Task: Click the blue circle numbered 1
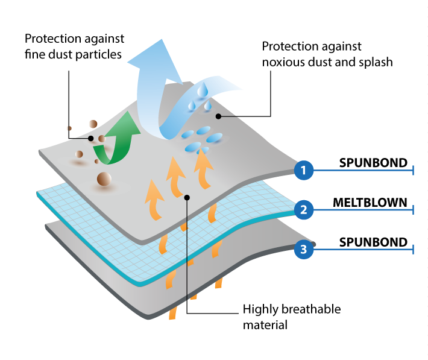(x=304, y=170)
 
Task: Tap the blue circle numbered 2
(x=304, y=210)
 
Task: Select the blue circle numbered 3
(x=304, y=250)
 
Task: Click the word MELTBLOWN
(x=370, y=203)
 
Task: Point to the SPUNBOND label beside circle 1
(x=373, y=163)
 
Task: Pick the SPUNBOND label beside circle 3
(x=373, y=242)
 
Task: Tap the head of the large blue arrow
(x=155, y=62)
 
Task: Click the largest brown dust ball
(x=104, y=179)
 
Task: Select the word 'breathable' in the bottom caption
(x=311, y=309)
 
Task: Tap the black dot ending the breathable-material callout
(x=187, y=197)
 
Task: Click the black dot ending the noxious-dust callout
(x=218, y=116)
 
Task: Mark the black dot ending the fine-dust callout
(x=91, y=139)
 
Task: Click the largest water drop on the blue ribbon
(x=203, y=90)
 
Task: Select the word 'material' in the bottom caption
(x=265, y=325)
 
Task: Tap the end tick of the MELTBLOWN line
(x=414, y=210)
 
